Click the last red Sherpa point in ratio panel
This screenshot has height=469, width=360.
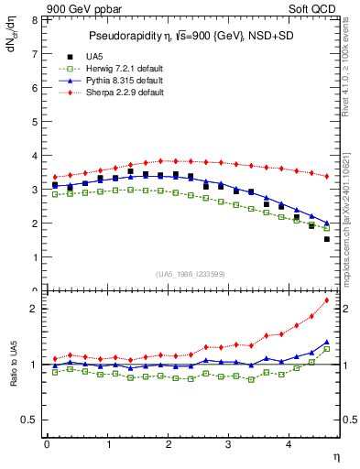click(x=327, y=300)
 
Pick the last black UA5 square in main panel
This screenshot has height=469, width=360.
click(x=327, y=239)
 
